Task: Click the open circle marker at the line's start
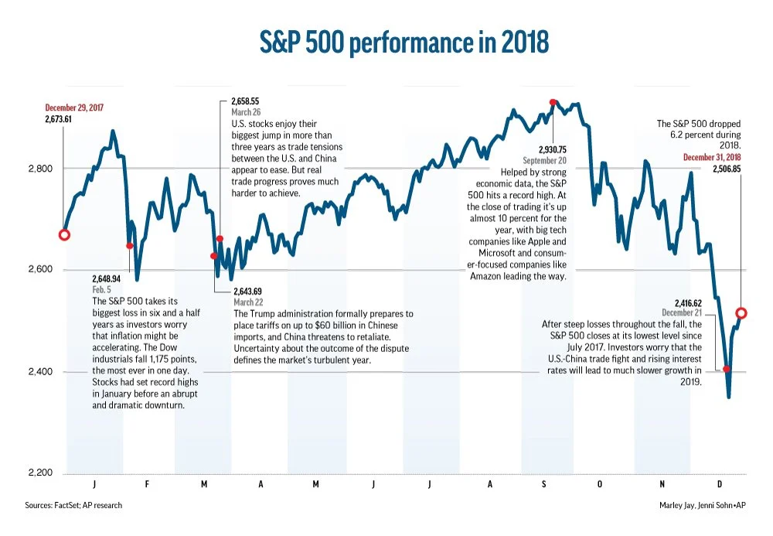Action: (x=64, y=234)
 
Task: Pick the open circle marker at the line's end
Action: (x=741, y=313)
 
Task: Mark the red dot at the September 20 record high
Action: (x=553, y=102)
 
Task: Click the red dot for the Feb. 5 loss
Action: (x=130, y=246)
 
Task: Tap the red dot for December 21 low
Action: (x=727, y=369)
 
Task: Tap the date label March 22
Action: (x=248, y=302)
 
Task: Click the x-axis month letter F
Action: (x=150, y=483)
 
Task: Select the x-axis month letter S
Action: (x=543, y=483)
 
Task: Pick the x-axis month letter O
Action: (x=598, y=483)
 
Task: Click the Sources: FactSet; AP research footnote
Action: (x=73, y=505)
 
